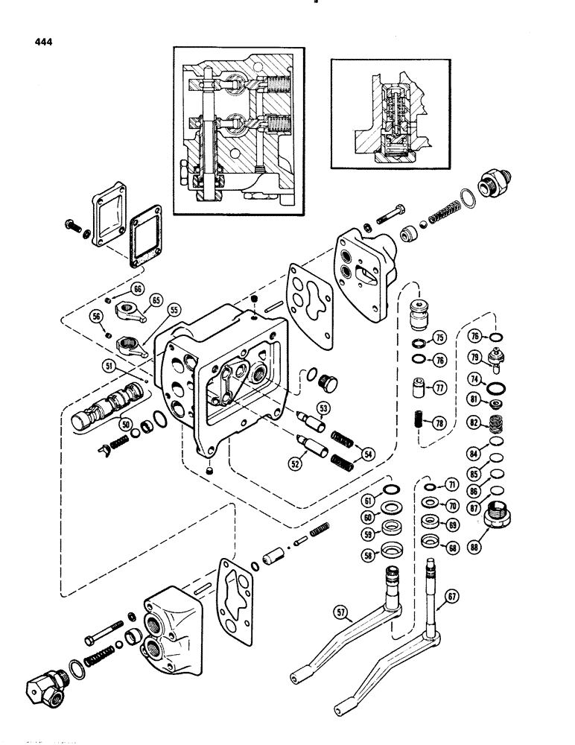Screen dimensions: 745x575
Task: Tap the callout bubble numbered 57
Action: click(x=343, y=612)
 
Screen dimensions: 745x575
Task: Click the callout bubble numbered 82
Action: click(x=472, y=422)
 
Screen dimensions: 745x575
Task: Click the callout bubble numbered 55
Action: click(x=154, y=329)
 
